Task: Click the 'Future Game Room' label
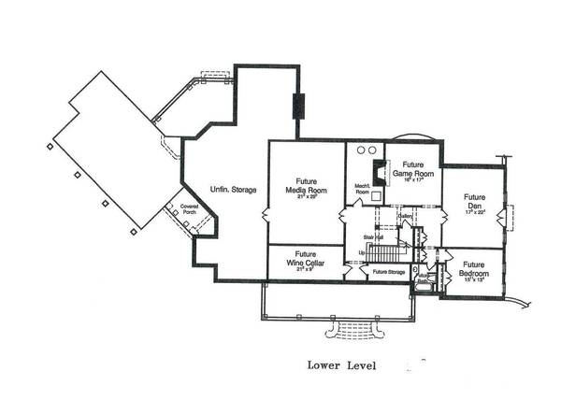[408, 168]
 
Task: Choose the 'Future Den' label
[475, 203]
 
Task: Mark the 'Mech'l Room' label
[363, 189]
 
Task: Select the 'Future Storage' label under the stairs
[388, 273]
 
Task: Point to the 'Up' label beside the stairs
[362, 252]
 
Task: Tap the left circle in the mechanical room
[361, 150]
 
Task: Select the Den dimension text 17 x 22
[475, 214]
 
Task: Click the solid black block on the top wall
[298, 106]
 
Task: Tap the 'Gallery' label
[406, 216]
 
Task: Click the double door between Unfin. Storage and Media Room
[268, 216]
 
